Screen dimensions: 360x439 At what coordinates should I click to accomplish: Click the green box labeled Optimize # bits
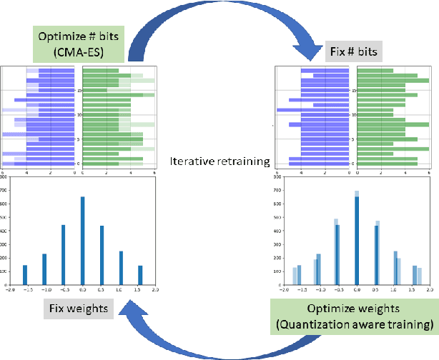[79, 44]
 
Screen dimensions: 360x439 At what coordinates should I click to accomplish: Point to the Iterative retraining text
[219, 161]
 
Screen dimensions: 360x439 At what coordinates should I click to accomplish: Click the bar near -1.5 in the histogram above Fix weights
[25, 274]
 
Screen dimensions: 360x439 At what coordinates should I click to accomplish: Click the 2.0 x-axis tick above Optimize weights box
[431, 290]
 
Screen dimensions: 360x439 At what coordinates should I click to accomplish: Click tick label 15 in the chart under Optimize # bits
[79, 90]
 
